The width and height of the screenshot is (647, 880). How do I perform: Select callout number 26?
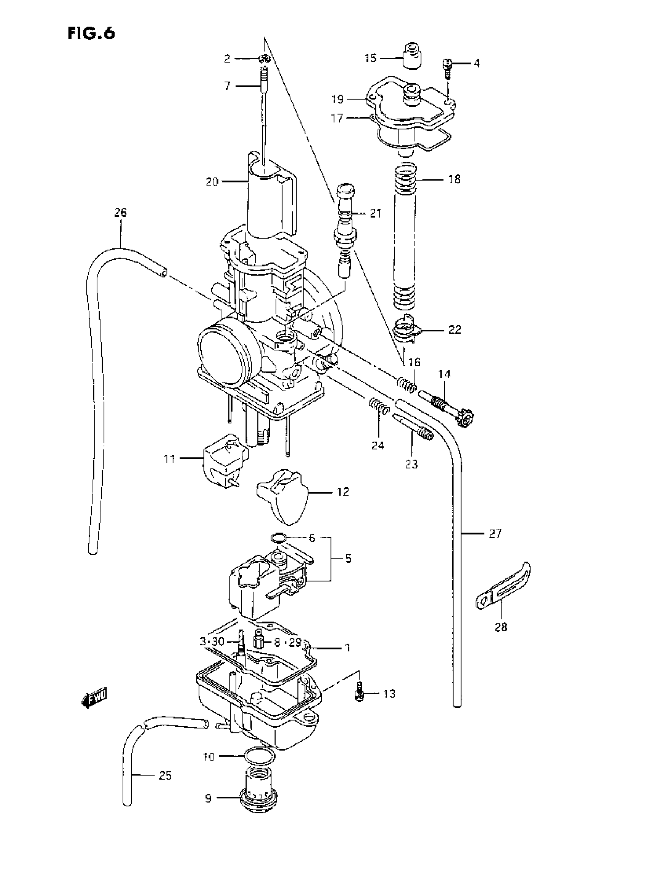[x=121, y=213]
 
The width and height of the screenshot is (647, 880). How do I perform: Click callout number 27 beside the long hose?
[x=495, y=533]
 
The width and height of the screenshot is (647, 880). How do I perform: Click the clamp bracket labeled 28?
[x=502, y=587]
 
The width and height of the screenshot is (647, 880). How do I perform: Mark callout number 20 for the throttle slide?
[x=212, y=182]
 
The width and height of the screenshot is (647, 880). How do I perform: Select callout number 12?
[x=343, y=491]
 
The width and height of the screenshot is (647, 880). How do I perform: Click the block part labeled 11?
[x=225, y=460]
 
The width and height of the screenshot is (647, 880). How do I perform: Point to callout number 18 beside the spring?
[x=454, y=179]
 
